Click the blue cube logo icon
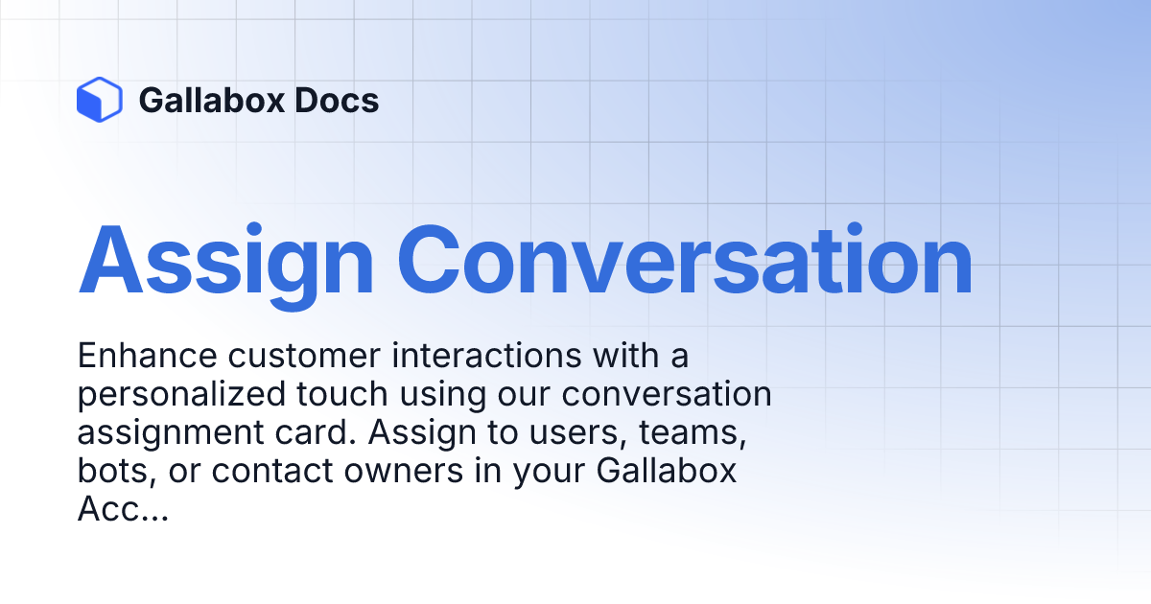(x=99, y=100)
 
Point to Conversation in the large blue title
(x=685, y=261)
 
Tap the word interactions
(x=482, y=356)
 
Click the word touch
(x=343, y=394)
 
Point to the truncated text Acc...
(x=107, y=510)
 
